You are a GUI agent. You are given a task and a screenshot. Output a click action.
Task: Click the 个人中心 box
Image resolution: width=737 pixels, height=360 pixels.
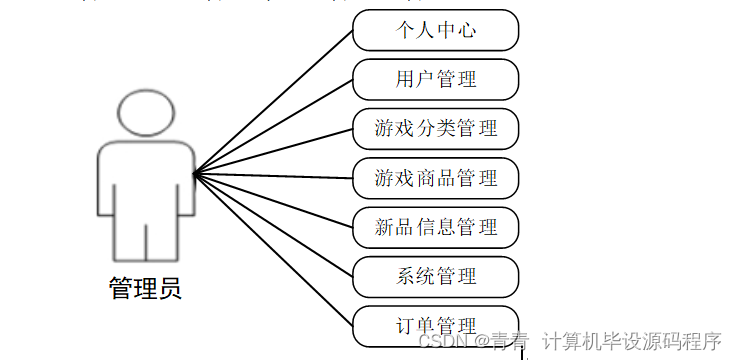point(435,30)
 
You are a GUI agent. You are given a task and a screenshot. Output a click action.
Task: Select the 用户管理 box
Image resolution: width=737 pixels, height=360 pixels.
point(435,79)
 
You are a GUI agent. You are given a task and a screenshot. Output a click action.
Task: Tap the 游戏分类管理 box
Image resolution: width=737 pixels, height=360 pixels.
point(435,128)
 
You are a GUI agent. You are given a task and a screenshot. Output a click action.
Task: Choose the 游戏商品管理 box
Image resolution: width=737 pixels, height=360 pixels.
point(435,178)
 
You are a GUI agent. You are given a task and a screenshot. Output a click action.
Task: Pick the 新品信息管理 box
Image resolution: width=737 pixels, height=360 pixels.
point(435,227)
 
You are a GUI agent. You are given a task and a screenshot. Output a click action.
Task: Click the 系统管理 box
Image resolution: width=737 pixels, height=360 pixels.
point(435,276)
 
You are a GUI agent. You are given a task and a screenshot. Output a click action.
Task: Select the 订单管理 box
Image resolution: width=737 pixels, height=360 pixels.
point(435,326)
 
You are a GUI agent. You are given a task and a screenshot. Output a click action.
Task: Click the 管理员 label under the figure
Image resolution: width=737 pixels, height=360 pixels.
point(145,290)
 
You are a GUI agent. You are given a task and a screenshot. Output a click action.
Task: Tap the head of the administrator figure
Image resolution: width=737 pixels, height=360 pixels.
point(146,112)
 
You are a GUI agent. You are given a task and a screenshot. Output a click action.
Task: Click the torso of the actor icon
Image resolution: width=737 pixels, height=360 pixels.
point(146,180)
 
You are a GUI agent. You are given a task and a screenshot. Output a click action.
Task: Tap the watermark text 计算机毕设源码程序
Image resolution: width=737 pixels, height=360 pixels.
point(631,342)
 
